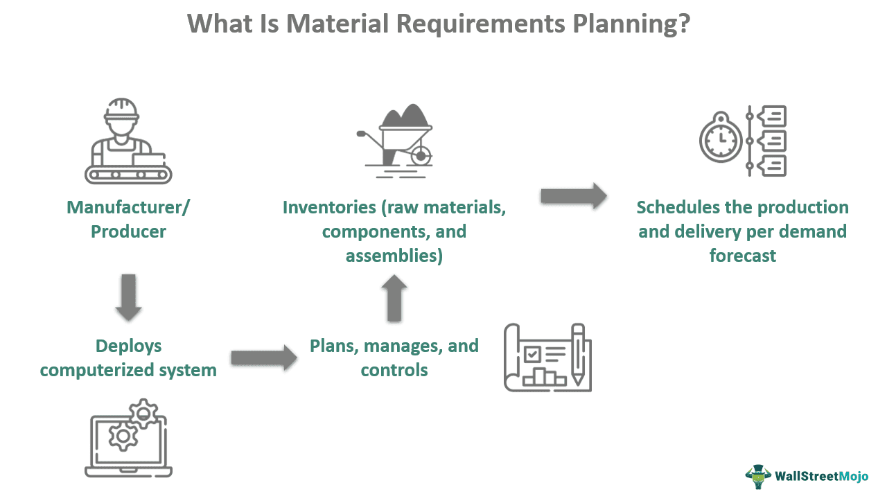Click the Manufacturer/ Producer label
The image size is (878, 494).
click(x=128, y=219)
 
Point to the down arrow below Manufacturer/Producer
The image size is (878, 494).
click(x=128, y=297)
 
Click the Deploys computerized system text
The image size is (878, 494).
click(x=128, y=358)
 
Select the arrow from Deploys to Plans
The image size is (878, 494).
click(x=258, y=358)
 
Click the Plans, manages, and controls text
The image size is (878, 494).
click(x=394, y=358)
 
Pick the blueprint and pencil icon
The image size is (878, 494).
click(x=547, y=358)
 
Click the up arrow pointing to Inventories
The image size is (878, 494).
click(x=394, y=298)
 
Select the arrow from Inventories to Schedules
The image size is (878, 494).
click(x=573, y=196)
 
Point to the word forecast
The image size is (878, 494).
click(x=742, y=256)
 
